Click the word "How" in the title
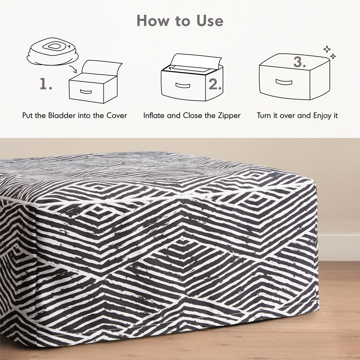tap(153, 21)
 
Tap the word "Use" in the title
tap(210, 21)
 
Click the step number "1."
tap(46, 84)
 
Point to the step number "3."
tap(300, 62)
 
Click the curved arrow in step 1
tap(73, 69)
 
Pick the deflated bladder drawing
tap(53, 51)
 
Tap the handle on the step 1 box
tap(86, 92)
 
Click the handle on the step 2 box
tap(183, 85)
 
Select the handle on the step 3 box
tap(284, 82)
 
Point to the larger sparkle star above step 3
tap(327, 49)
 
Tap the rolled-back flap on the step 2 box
tap(196, 61)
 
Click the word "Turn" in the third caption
tap(264, 115)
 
